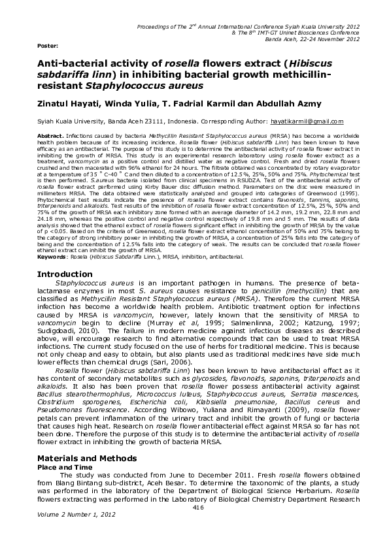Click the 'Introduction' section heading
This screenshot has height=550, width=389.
tap(68, 292)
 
